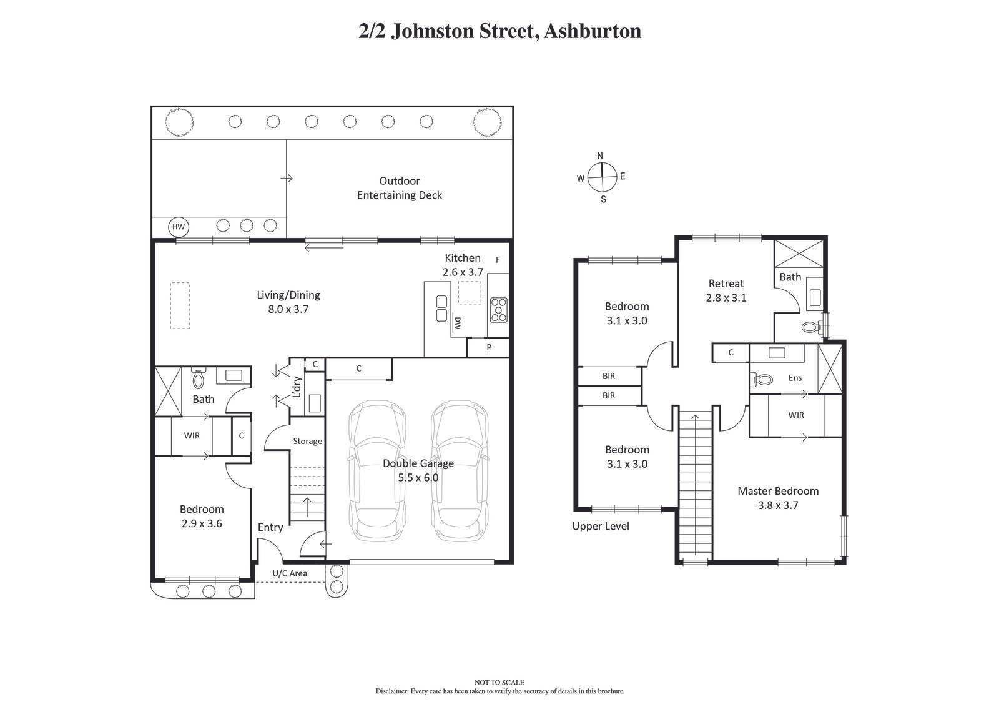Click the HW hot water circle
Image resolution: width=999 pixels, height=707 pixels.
click(179, 227)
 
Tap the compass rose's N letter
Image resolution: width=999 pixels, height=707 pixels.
click(600, 156)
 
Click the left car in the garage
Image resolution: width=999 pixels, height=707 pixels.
click(376, 471)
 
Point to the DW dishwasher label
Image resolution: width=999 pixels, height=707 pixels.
click(457, 323)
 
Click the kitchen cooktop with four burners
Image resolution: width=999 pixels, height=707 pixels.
click(499, 310)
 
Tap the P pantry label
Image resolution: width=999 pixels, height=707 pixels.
click(489, 347)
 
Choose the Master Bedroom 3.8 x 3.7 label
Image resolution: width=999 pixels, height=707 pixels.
click(778, 498)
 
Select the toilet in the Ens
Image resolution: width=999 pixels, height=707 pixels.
click(763, 378)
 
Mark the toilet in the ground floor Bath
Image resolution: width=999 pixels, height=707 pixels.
click(199, 378)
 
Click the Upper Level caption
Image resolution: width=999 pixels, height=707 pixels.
click(601, 526)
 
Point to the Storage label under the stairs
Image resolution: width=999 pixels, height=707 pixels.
click(308, 441)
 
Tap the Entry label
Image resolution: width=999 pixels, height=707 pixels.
click(270, 527)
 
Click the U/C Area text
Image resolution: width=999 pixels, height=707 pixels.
click(290, 573)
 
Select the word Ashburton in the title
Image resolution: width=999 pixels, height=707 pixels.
click(592, 31)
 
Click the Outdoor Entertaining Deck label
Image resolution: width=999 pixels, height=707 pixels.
click(400, 188)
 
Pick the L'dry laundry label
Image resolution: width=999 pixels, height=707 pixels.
click(297, 387)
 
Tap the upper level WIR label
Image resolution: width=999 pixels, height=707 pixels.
click(796, 415)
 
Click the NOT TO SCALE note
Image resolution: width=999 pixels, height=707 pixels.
click(499, 682)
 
